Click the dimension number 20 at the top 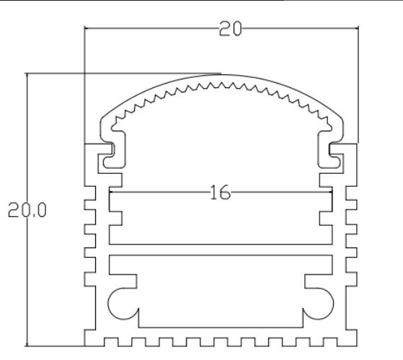pos(231,28)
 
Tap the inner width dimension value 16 pos(220,193)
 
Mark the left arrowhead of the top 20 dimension pos(88,29)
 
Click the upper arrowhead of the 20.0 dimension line pos(27,76)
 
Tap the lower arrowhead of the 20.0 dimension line pos(27,343)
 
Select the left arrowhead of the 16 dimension pos(111,193)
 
